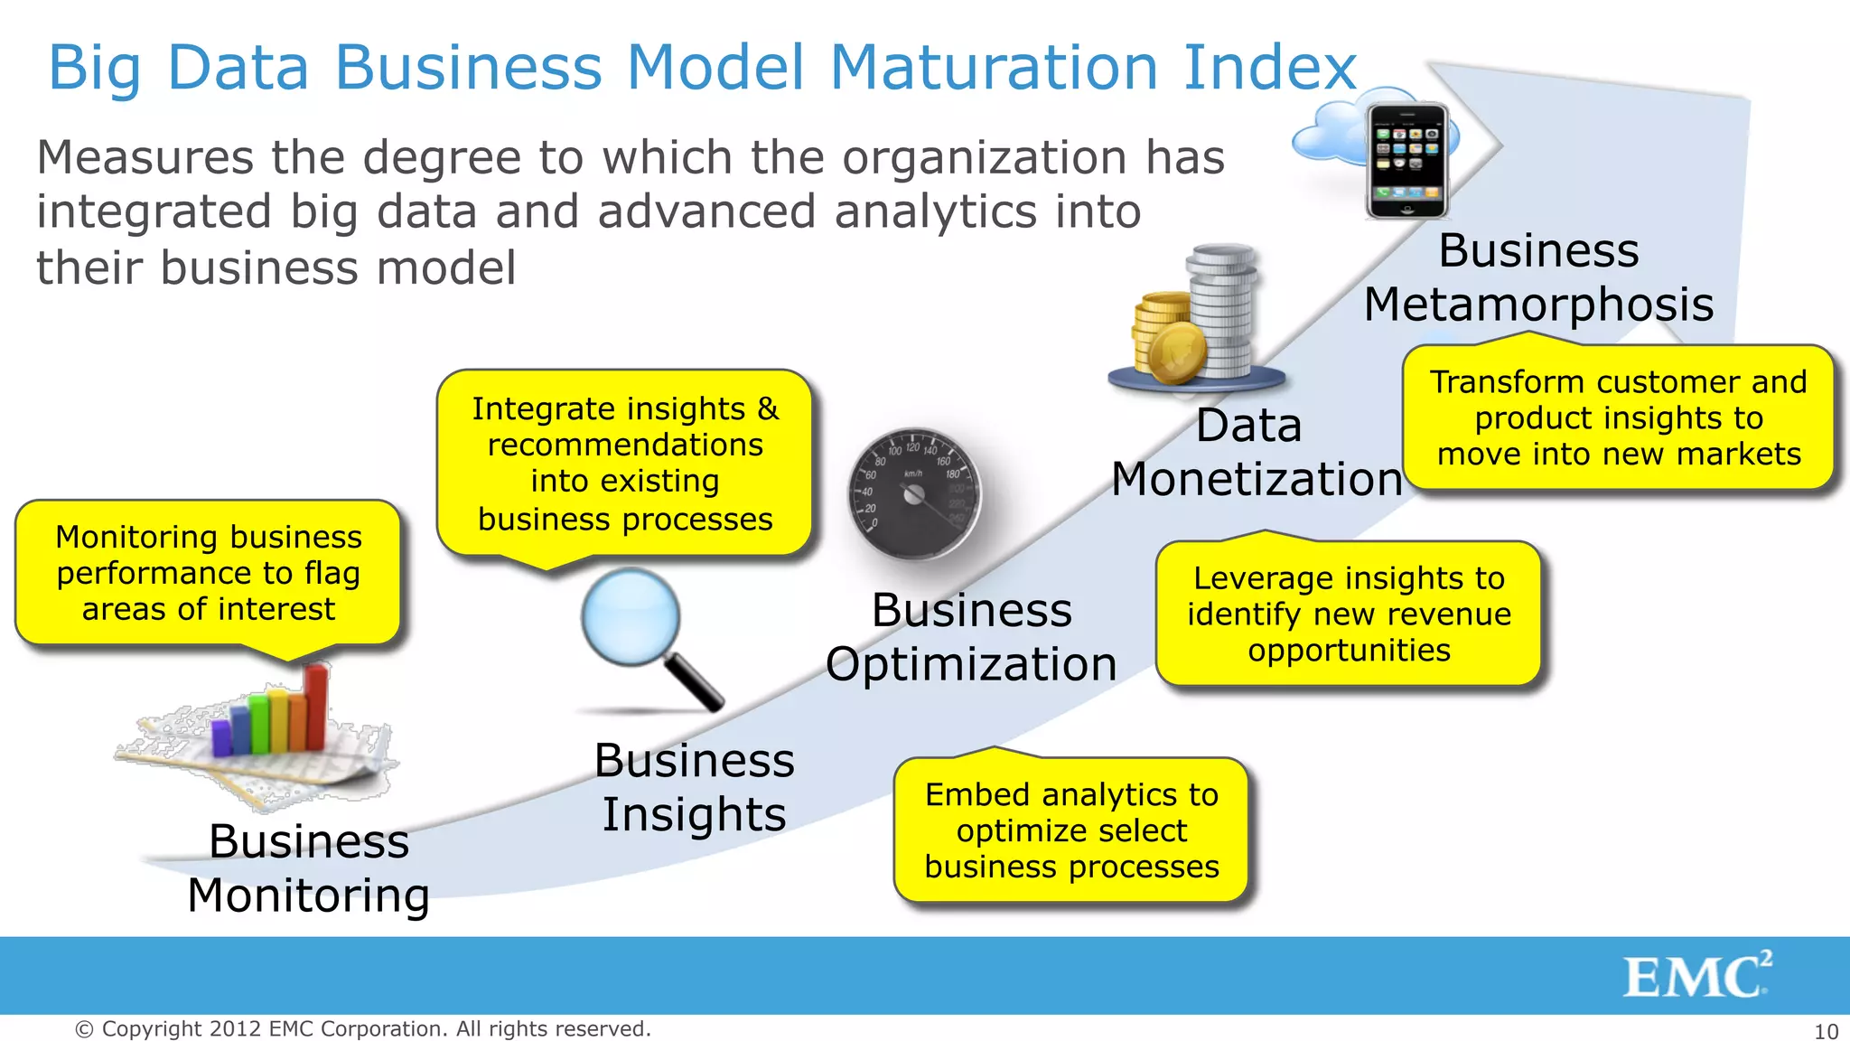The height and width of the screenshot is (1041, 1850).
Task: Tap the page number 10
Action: (x=1826, y=1031)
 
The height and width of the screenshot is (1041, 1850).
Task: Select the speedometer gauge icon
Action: (x=914, y=493)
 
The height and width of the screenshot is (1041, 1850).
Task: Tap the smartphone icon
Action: (x=1406, y=161)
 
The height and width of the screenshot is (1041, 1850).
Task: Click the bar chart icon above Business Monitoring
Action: (x=262, y=732)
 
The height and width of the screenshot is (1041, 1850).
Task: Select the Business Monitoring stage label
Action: (x=308, y=867)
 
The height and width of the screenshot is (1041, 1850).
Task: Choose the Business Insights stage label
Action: (x=694, y=786)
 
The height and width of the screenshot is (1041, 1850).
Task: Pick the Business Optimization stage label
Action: (x=971, y=636)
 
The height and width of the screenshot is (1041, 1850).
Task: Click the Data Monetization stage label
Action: (x=1256, y=452)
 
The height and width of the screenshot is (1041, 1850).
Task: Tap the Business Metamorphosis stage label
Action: (x=1538, y=277)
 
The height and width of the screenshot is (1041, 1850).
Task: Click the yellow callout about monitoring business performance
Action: (x=208, y=573)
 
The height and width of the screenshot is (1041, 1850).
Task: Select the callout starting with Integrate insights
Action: (x=624, y=463)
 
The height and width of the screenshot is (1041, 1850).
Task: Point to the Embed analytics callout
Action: (x=1071, y=830)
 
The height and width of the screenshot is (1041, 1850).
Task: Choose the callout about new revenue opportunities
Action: (x=1349, y=614)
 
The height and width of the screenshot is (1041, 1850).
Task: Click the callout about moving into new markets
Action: (x=1618, y=417)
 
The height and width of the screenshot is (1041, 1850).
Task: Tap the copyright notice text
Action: (x=362, y=1028)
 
